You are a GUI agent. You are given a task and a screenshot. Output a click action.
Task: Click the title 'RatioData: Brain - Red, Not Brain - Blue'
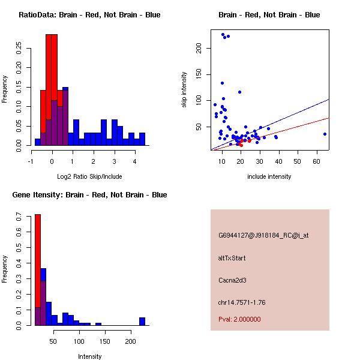[x=89, y=15]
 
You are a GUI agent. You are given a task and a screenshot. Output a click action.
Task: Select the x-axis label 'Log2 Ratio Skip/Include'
[x=89, y=176]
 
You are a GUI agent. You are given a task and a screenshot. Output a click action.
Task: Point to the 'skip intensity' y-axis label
[x=184, y=89]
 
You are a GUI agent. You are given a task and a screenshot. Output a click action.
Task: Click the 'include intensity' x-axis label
[x=269, y=176]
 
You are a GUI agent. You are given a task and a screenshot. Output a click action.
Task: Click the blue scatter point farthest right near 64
[x=325, y=134]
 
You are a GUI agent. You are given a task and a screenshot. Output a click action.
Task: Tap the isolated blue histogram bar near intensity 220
[x=142, y=322]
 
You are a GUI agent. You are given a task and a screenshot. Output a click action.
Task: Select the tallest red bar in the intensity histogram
[x=37, y=270]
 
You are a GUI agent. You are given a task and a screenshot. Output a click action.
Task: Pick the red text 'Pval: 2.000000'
[x=239, y=319]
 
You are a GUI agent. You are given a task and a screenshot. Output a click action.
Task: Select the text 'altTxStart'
[x=232, y=258]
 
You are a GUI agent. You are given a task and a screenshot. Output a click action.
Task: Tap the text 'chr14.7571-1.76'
[x=242, y=302]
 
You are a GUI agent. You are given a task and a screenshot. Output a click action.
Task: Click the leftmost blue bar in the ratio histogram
[x=37, y=142]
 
